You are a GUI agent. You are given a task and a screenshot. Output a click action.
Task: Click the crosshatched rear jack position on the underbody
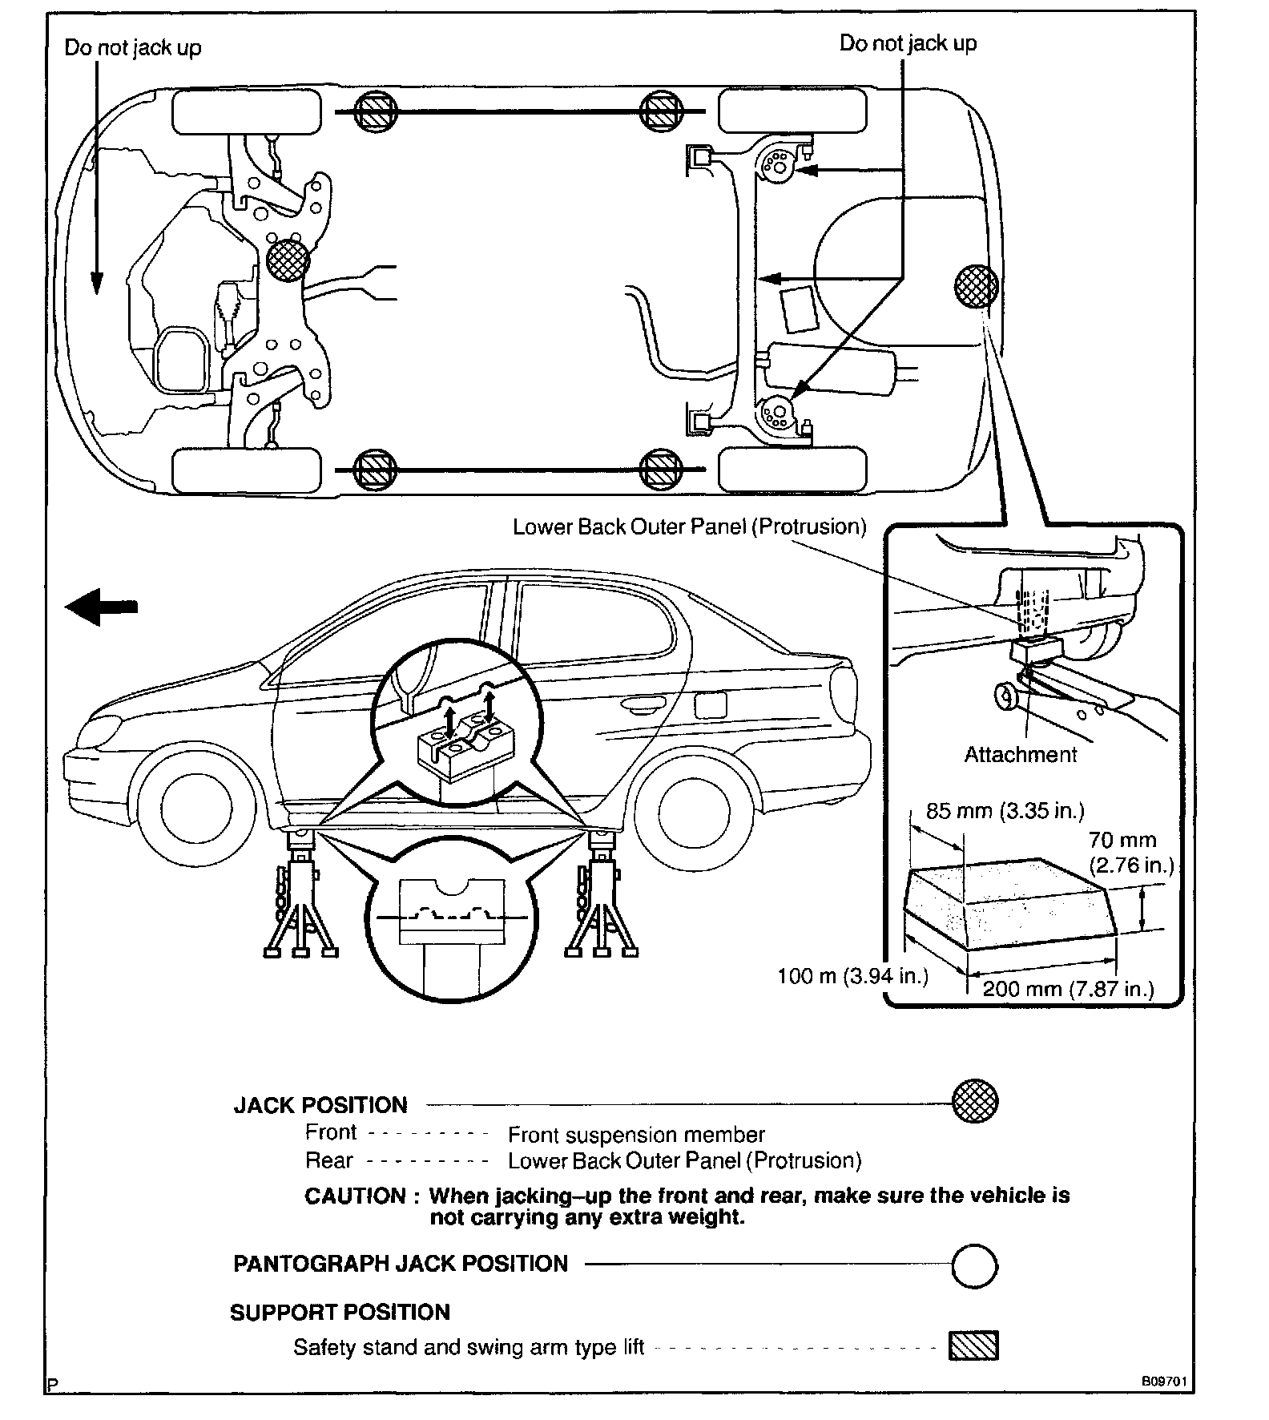pos(976,286)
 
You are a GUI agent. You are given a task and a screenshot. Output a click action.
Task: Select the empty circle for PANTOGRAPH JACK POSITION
pos(974,1266)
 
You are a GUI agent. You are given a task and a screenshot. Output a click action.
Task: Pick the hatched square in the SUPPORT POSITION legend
pos(973,1345)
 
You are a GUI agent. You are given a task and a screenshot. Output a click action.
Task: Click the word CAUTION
pos(355,1196)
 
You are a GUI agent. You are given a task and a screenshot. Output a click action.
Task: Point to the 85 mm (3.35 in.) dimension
pos(1005,811)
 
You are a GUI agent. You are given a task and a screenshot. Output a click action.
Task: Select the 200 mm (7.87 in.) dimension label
pos(1068,989)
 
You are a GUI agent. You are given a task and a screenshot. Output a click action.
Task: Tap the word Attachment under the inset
pos(1020,754)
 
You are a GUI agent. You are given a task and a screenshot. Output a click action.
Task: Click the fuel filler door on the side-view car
pos(710,704)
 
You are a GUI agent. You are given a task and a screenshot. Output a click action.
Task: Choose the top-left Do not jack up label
pos(133,48)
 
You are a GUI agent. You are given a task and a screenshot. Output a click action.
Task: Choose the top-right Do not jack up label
pos(908,43)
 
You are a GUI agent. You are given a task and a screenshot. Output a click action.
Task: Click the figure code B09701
pos(1163,1382)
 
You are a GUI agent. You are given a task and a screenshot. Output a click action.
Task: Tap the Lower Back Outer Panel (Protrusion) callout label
pos(689,526)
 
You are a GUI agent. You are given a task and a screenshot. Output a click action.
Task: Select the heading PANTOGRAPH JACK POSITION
pos(400,1264)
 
